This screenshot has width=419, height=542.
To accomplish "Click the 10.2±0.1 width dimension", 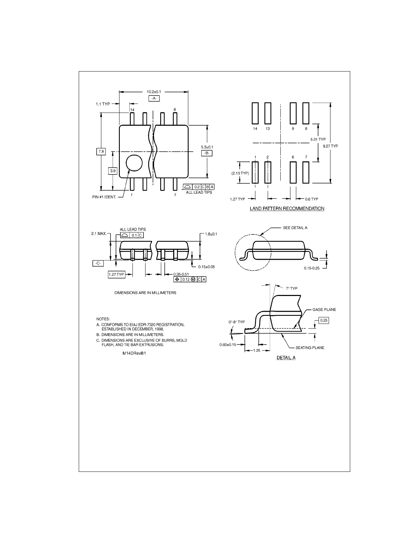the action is click(154, 92).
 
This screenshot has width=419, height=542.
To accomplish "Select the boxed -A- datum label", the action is click(154, 98).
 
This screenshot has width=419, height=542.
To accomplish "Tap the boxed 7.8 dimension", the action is click(101, 151).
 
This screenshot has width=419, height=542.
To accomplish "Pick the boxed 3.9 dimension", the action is click(113, 171).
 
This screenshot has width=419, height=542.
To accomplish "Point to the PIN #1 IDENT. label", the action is click(104, 197).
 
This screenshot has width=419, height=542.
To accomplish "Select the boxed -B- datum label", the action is click(207, 153).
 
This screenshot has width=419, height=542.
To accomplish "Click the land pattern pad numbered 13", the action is click(268, 113).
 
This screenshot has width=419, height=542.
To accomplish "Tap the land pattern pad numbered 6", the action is click(293, 172).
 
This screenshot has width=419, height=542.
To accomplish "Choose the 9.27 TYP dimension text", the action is click(330, 146).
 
